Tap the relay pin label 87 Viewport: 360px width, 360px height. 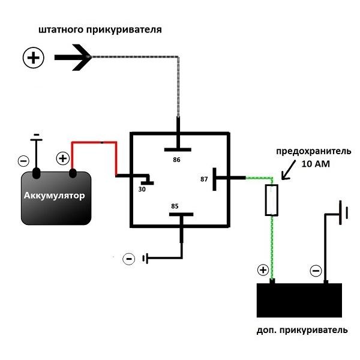205,179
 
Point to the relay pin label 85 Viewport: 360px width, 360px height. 175,206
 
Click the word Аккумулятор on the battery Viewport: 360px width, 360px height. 54,196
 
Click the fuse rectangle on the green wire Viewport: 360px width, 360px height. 271,200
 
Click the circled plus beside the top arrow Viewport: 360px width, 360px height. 34,58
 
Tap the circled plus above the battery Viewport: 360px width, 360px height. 62,158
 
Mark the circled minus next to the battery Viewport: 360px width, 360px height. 23,161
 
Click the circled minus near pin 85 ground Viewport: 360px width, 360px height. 129,259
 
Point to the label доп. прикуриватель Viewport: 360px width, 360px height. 301,330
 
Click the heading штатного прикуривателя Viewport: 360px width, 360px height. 100,29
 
